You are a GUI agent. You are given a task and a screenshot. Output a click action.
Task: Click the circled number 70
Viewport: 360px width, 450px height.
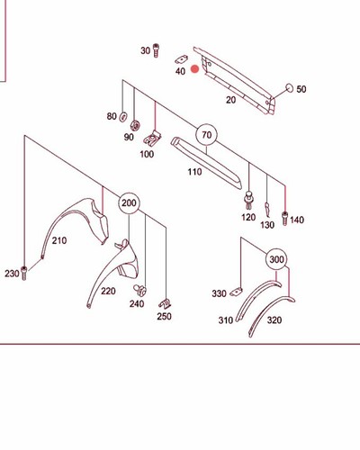click(x=207, y=135)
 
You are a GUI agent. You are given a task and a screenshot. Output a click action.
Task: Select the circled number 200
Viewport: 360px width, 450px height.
click(x=129, y=203)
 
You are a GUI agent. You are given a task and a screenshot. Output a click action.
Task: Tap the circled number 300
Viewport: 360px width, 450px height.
click(x=276, y=259)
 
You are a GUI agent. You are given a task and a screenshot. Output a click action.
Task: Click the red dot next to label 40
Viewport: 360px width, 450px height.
click(x=195, y=69)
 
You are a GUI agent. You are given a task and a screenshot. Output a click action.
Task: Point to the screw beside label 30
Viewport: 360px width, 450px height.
click(x=156, y=50)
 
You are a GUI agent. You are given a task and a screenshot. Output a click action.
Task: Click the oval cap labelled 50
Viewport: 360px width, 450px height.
click(x=290, y=88)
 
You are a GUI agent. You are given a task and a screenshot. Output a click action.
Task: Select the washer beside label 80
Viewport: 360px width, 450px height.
click(x=123, y=117)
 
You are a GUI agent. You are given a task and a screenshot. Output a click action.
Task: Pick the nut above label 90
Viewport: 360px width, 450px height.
click(x=135, y=125)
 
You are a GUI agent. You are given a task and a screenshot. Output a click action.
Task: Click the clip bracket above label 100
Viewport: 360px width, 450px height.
click(x=152, y=139)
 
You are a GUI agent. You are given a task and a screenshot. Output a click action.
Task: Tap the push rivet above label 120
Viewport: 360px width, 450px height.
click(x=248, y=200)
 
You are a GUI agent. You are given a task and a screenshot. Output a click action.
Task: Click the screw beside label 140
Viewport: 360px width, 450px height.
click(x=284, y=219)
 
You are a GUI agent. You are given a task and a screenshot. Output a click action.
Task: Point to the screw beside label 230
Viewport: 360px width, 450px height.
click(x=24, y=273)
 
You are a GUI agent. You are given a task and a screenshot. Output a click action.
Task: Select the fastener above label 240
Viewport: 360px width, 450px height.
click(x=139, y=290)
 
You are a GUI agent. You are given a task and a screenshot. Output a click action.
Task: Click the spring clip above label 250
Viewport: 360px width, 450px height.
click(x=165, y=304)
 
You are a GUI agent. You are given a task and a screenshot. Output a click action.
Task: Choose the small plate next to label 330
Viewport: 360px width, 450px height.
click(x=237, y=292)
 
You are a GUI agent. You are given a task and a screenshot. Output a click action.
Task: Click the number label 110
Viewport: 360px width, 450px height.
click(x=194, y=172)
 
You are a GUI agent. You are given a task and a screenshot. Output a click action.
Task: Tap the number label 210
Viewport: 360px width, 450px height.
click(x=59, y=240)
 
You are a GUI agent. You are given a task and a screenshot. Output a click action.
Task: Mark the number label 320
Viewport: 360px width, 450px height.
click(x=274, y=320)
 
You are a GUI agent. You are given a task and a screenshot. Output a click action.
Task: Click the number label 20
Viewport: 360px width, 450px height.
click(x=230, y=100)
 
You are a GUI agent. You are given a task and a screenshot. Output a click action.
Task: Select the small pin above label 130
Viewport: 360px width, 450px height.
click(x=267, y=210)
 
